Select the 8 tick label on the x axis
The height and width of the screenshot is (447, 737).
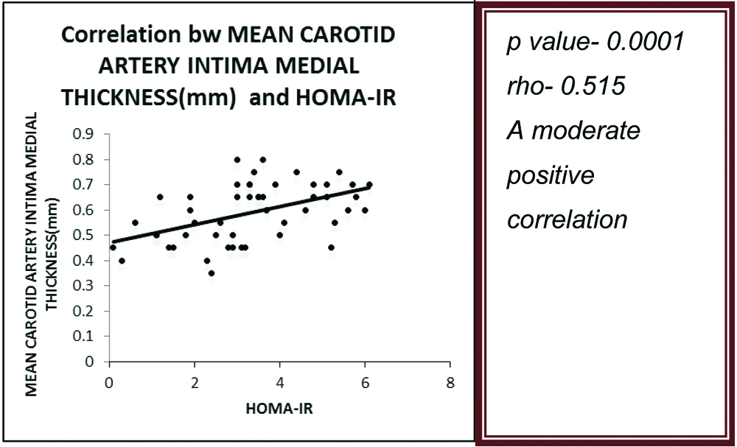(x=450, y=383)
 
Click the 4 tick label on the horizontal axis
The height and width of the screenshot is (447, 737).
(x=280, y=383)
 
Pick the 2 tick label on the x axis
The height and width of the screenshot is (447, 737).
(x=195, y=383)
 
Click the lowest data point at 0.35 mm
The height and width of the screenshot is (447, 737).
(x=212, y=273)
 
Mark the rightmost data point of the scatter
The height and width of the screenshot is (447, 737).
(x=369, y=185)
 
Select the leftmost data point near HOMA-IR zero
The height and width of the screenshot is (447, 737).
(x=113, y=247)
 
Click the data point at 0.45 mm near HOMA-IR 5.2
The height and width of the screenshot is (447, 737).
(x=331, y=247)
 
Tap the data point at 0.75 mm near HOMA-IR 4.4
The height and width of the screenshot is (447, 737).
(x=296, y=172)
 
